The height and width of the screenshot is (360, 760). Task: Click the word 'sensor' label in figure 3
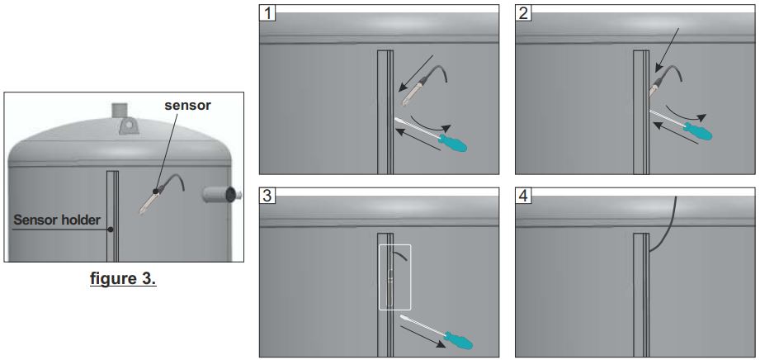point(187,106)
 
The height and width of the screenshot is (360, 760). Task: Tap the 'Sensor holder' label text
point(57,220)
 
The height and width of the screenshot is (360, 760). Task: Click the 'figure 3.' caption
point(123,279)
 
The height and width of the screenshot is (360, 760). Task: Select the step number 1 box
point(268,12)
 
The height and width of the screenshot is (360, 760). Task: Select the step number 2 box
point(523,12)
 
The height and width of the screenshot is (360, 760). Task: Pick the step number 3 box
point(268,196)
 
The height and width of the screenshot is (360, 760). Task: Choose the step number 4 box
point(523,196)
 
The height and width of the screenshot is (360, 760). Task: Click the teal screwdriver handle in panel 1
point(453,143)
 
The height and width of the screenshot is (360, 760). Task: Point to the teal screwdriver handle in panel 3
point(459,339)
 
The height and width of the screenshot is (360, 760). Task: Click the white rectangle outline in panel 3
point(379,277)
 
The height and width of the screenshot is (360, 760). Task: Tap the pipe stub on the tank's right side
point(221,194)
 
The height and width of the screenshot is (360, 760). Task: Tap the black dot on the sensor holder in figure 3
point(111,229)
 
